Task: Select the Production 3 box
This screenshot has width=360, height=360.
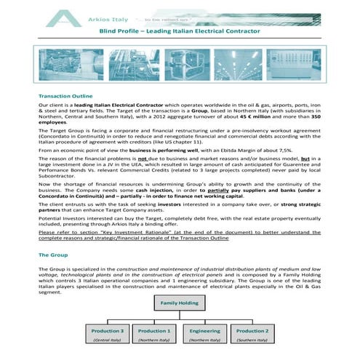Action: click(107, 331)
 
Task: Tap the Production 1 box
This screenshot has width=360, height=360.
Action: click(154, 331)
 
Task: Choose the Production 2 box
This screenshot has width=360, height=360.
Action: click(252, 331)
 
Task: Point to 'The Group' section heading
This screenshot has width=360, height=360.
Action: click(53, 255)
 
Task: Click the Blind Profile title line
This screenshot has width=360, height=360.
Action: click(179, 33)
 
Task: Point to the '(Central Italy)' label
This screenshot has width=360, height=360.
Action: click(107, 340)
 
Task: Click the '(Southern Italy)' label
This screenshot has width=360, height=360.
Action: click(252, 340)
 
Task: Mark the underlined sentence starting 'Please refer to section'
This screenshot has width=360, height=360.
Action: click(175, 233)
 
